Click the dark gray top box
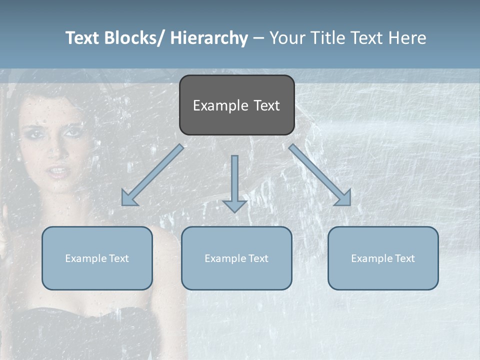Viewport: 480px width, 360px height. (236, 105)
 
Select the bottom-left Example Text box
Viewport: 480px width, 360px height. (97, 258)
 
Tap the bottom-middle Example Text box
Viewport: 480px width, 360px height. (236, 258)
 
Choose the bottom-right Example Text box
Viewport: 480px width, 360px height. (383, 258)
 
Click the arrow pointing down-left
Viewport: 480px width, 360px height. (152, 175)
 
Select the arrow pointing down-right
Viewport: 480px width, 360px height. (320, 175)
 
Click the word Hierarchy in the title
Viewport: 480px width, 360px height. (209, 38)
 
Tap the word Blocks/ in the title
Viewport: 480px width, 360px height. (135, 38)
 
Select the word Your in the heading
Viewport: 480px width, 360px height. (286, 38)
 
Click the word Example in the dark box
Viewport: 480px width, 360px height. (214, 105)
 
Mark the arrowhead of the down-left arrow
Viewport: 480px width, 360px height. (128, 198)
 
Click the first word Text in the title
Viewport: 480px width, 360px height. (82, 38)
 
